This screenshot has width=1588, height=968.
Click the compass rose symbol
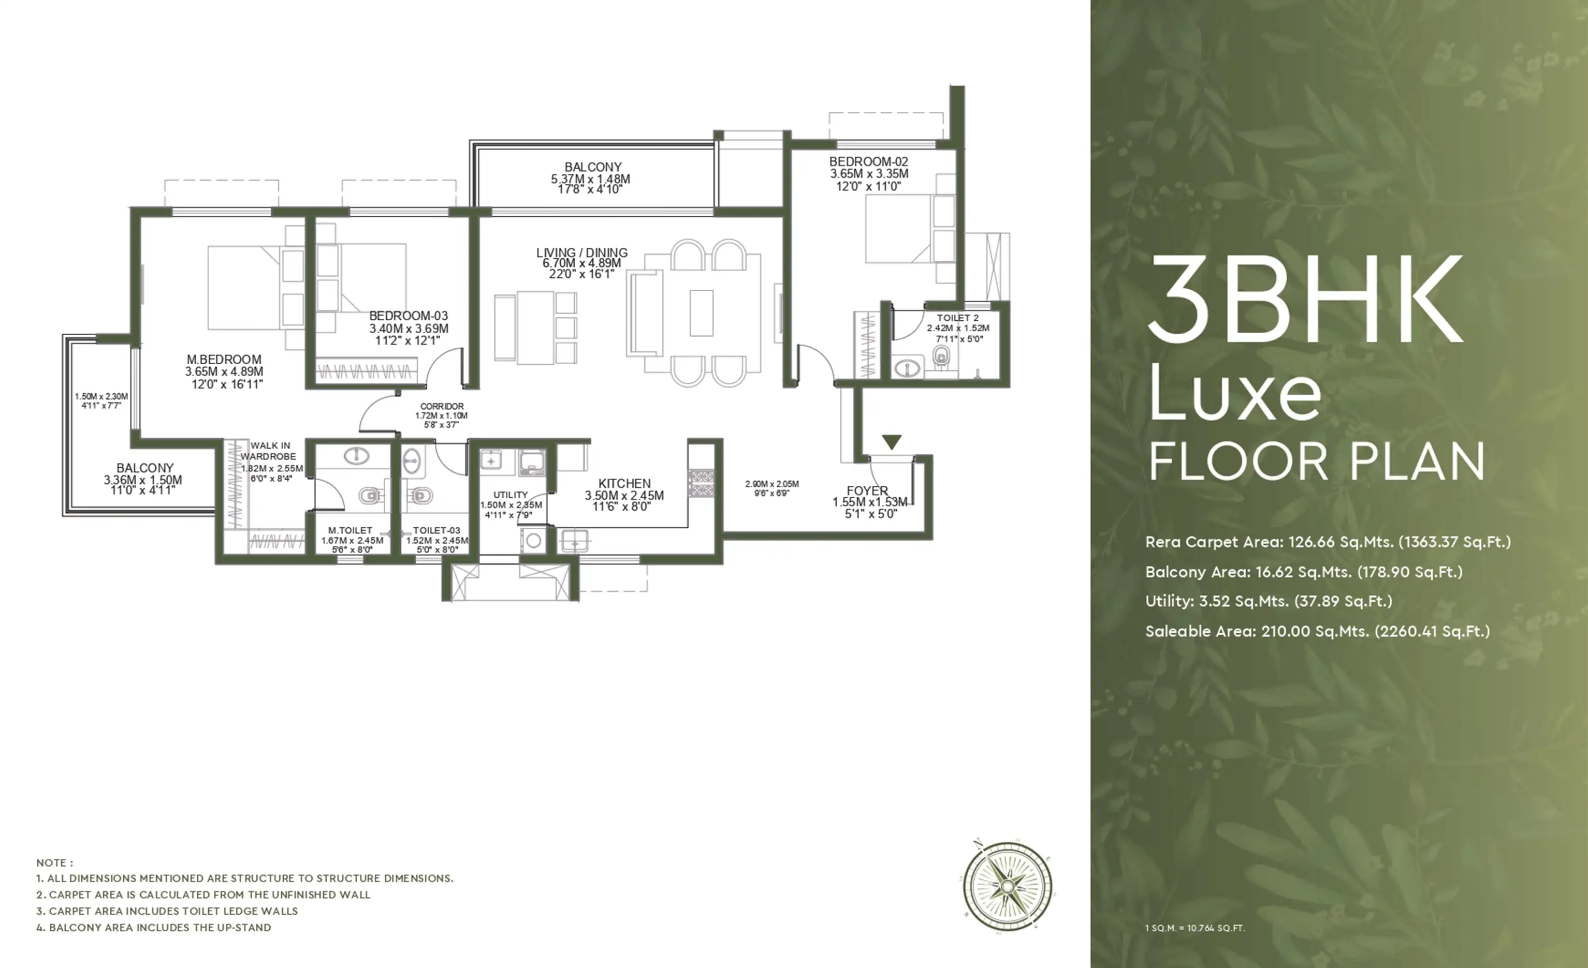(1008, 886)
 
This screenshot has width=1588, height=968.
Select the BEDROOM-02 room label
(868, 161)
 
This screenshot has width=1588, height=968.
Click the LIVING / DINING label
(581, 252)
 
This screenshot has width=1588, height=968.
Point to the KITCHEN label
(624, 483)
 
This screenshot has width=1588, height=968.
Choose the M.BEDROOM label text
(224, 360)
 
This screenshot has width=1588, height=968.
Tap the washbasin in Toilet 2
(908, 368)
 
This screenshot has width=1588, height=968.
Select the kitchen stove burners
(701, 483)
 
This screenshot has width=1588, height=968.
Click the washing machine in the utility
(533, 540)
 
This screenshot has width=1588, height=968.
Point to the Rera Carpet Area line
(1328, 542)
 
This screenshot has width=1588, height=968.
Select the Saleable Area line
(1317, 631)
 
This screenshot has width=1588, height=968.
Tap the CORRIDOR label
(442, 406)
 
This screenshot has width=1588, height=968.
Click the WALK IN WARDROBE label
(269, 451)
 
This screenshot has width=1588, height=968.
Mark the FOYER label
(867, 491)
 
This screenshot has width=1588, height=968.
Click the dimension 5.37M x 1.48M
(590, 179)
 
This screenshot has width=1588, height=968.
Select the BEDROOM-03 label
(408, 316)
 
